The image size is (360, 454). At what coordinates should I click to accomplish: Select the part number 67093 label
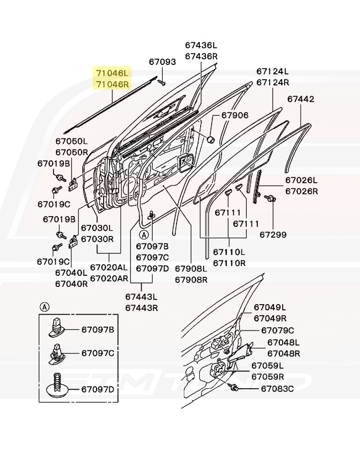pyautogui.click(x=162, y=62)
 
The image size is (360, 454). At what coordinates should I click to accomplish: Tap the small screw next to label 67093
pyautogui.click(x=163, y=83)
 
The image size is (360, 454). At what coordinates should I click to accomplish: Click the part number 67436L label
pyautogui.click(x=201, y=45)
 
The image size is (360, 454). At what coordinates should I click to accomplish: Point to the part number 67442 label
pyautogui.click(x=301, y=99)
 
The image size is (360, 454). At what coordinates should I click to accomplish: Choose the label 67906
pyautogui.click(x=235, y=115)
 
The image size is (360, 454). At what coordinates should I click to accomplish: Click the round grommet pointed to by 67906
pyautogui.click(x=210, y=139)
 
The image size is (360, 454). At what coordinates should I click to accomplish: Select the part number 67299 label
pyautogui.click(x=273, y=235)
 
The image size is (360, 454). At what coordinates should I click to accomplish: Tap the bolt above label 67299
pyautogui.click(x=269, y=197)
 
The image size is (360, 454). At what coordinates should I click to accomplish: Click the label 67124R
pyautogui.click(x=273, y=82)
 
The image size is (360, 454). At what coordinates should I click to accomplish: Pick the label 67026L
pyautogui.click(x=301, y=181)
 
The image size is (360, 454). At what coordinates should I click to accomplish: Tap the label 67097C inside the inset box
pyautogui.click(x=97, y=353)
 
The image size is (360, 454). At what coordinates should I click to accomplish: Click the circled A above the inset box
pyautogui.click(x=44, y=307)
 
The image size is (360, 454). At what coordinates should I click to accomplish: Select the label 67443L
pyautogui.click(x=141, y=297)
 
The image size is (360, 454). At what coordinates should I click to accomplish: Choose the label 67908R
pyautogui.click(x=191, y=279)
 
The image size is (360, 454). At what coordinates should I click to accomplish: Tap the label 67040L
pyautogui.click(x=71, y=273)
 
